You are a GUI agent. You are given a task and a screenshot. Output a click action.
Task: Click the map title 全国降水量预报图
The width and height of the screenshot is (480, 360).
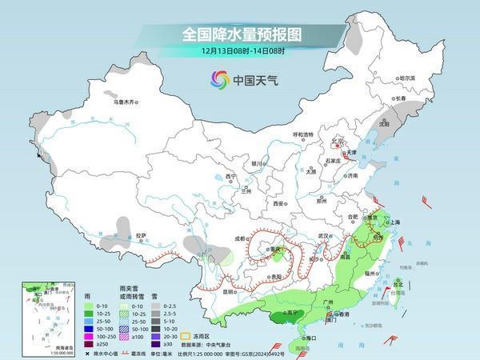coord(239,34)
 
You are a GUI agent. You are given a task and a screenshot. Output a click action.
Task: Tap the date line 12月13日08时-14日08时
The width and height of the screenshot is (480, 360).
coord(239,50)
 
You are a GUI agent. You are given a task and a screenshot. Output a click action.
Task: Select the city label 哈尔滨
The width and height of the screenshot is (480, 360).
coord(407,78)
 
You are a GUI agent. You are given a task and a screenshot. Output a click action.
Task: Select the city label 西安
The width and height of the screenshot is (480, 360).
coord(278,204)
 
